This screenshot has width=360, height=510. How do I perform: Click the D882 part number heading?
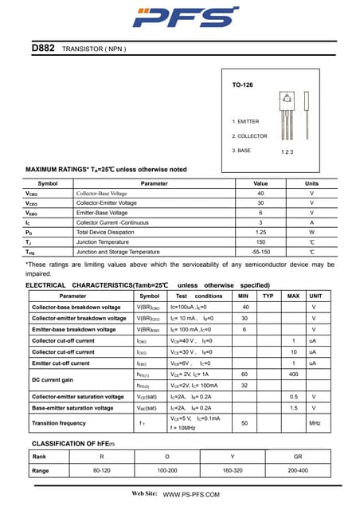[x=43, y=49]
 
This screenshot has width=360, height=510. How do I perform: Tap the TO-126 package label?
[x=242, y=84]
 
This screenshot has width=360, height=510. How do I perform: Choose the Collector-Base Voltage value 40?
[x=260, y=194]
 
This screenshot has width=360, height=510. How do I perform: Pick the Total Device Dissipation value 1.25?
[x=260, y=232]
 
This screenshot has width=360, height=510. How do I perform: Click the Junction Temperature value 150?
[x=260, y=241]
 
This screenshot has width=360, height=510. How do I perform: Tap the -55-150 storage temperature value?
[x=260, y=251]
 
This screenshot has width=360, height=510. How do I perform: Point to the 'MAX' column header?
[x=293, y=296]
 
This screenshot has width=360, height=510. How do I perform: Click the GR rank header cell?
[x=297, y=457]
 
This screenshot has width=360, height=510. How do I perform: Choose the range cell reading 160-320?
[x=232, y=471]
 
